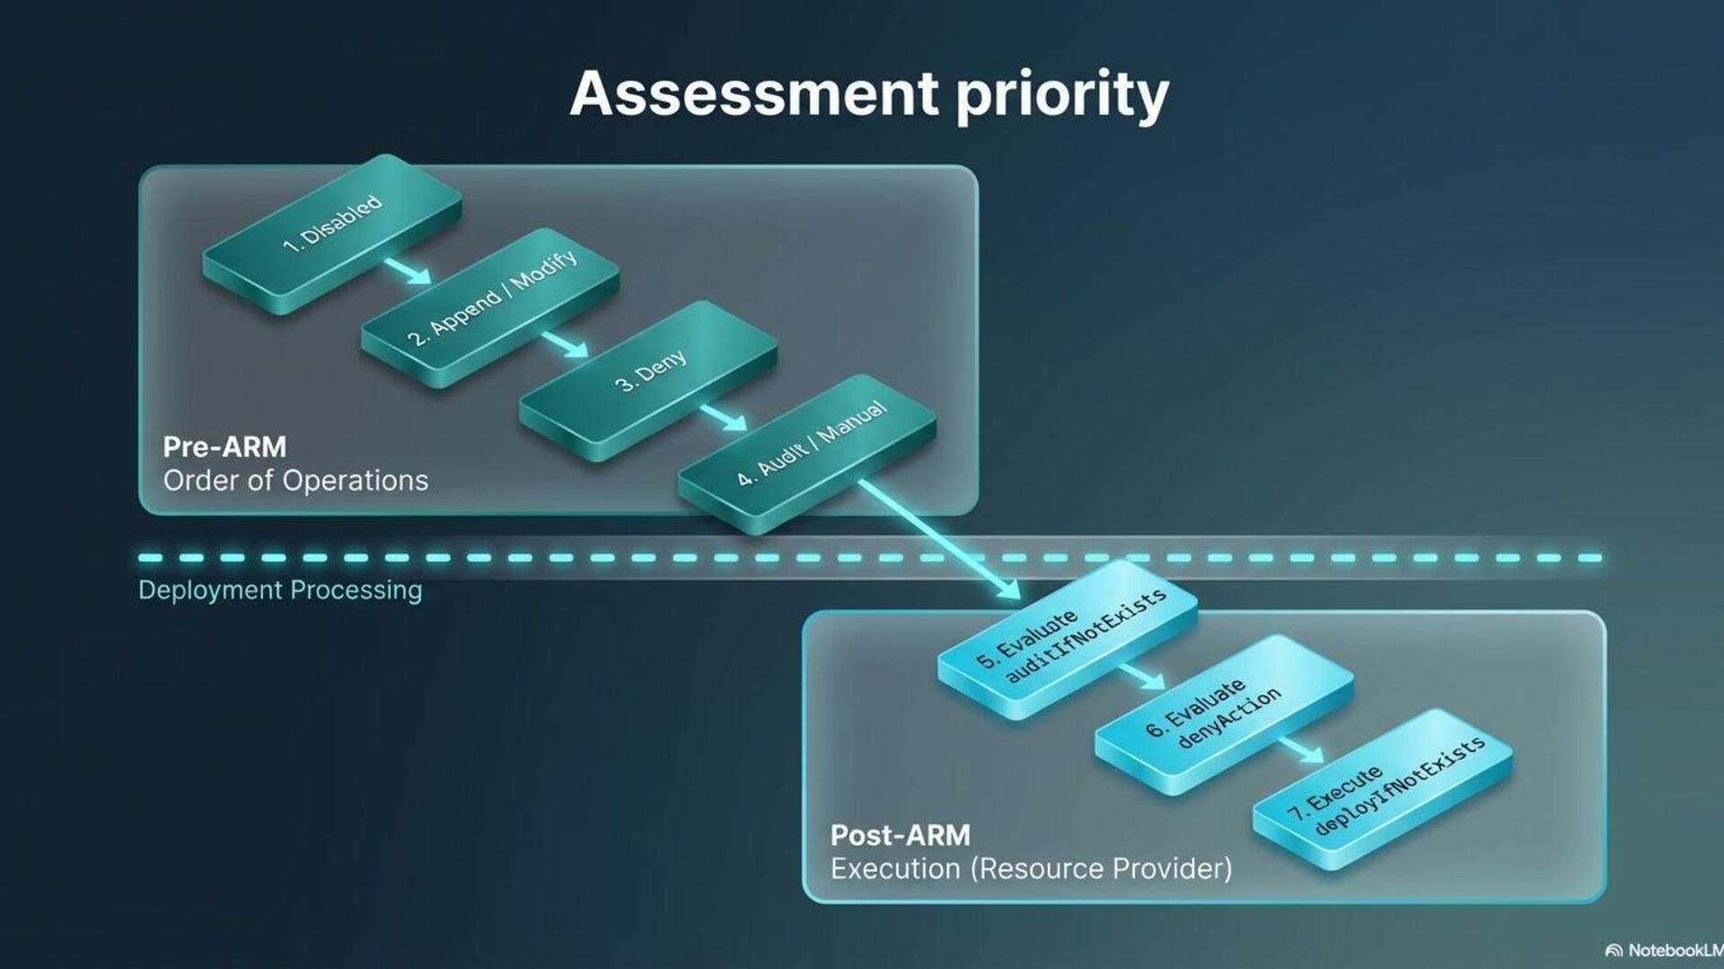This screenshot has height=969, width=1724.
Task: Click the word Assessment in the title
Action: tap(754, 92)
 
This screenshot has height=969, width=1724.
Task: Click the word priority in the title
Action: tap(1062, 94)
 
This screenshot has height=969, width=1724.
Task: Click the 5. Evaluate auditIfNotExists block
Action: tap(1069, 633)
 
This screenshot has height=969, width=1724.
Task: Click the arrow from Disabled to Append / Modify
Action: tap(409, 272)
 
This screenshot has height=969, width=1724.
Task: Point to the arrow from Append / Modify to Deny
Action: tap(566, 345)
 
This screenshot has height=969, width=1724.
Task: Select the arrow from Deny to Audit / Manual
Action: tap(724, 417)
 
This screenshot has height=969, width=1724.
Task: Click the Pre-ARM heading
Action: tap(224, 447)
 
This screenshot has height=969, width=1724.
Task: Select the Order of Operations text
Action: tap(295, 481)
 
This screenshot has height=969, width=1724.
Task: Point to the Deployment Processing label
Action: tap(280, 590)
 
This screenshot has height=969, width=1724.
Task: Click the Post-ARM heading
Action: tap(900, 835)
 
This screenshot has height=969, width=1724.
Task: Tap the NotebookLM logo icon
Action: tap(1614, 950)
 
